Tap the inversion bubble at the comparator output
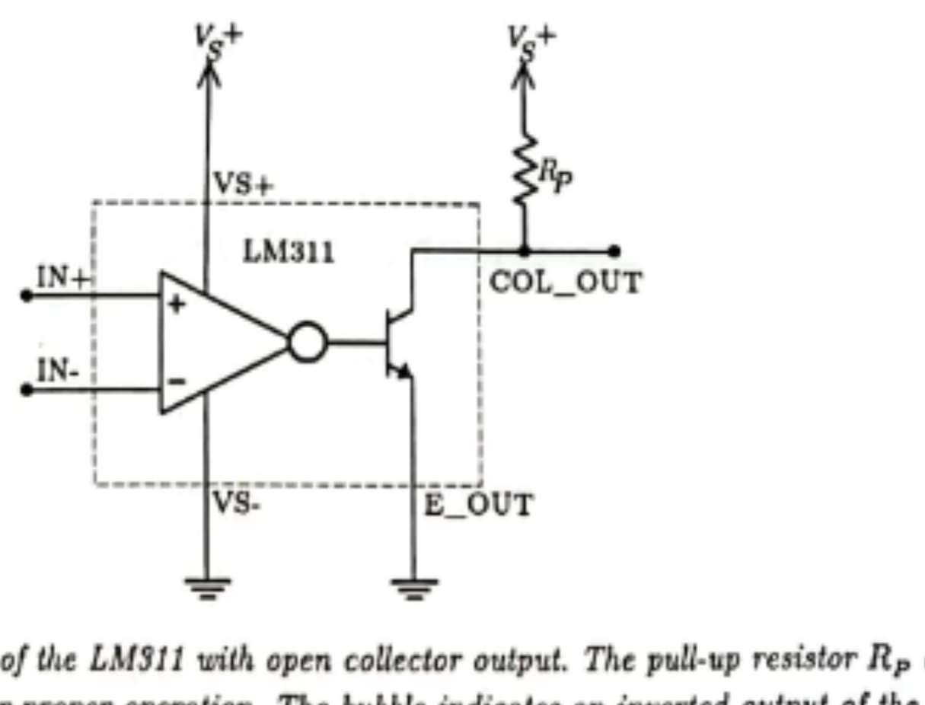[308, 343]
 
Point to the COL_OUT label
[565, 283]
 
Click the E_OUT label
[478, 505]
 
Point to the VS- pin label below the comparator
[235, 503]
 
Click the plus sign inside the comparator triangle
[177, 305]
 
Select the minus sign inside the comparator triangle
[176, 381]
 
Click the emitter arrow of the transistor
[404, 371]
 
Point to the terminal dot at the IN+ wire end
[27, 295]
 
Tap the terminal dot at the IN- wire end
[27, 390]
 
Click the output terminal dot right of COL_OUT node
[614, 250]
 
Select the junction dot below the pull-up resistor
[523, 250]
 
